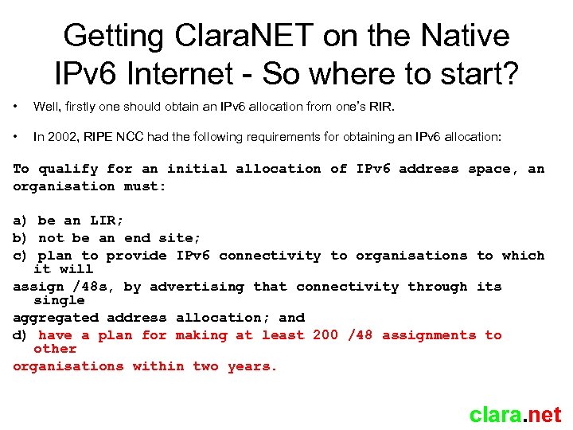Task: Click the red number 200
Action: (325, 335)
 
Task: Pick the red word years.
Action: (253, 366)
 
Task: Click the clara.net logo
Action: (515, 414)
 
